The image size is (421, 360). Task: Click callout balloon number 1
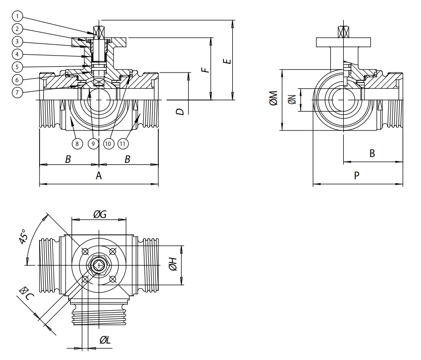click(x=16, y=16)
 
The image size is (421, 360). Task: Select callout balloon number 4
click(x=16, y=54)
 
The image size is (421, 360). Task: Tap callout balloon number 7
click(x=16, y=91)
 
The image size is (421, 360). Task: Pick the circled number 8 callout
click(x=76, y=143)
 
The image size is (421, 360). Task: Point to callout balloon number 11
click(x=124, y=143)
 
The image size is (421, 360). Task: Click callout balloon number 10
click(x=108, y=143)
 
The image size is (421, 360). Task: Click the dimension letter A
click(x=98, y=175)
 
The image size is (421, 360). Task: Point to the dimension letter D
click(x=180, y=112)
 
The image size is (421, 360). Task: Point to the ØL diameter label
click(x=105, y=340)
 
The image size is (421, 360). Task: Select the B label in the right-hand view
click(x=372, y=154)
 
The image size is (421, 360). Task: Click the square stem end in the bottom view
click(x=98, y=265)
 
